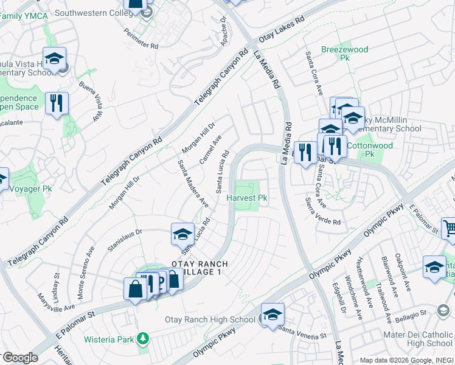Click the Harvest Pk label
click(x=247, y=198)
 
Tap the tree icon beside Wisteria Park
click(x=142, y=337)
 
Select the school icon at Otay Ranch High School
click(x=273, y=315)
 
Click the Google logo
click(x=19, y=358)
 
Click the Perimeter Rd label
click(x=141, y=38)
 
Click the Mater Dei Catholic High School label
click(x=418, y=339)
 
